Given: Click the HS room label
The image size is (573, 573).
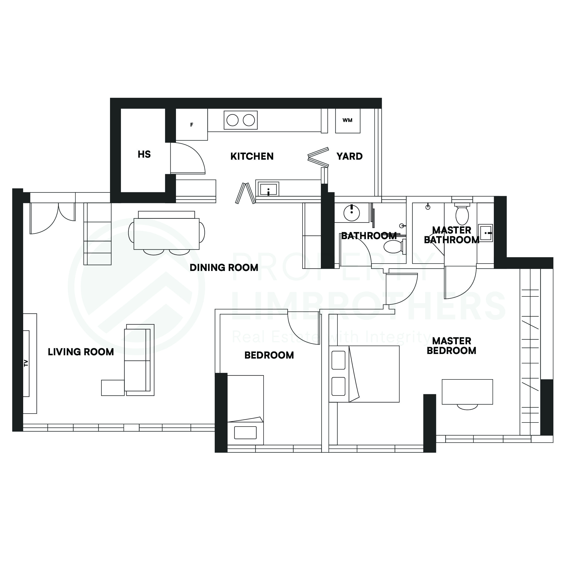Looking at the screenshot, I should pos(144,155).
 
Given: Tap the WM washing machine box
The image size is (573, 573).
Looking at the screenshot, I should pos(347,120).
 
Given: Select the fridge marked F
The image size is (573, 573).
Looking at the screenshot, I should pos(192,125).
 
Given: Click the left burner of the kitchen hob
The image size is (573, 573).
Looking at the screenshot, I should pos(232,120).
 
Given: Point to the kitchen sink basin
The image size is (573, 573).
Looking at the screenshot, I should pos(268,189).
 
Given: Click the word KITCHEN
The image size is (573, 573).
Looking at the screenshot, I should pos(252,156).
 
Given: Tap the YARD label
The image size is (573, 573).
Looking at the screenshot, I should pos(349,156).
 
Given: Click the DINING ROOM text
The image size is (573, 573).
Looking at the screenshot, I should pos(224,267).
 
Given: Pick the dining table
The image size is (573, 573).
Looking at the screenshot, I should pos(166,234).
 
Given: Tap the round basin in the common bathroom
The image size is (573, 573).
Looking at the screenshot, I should pos(351,212).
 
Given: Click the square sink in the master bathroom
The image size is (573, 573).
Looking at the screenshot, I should pos(485,233).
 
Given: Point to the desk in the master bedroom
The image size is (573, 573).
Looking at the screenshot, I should pos(467,391).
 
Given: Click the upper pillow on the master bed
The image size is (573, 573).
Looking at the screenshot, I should pos(338,360).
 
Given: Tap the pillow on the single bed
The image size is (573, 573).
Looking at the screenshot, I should pos(245,433).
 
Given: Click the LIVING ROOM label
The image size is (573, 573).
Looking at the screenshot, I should pos(81,352).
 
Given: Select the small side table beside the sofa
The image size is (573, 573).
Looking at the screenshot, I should pos(113,388).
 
